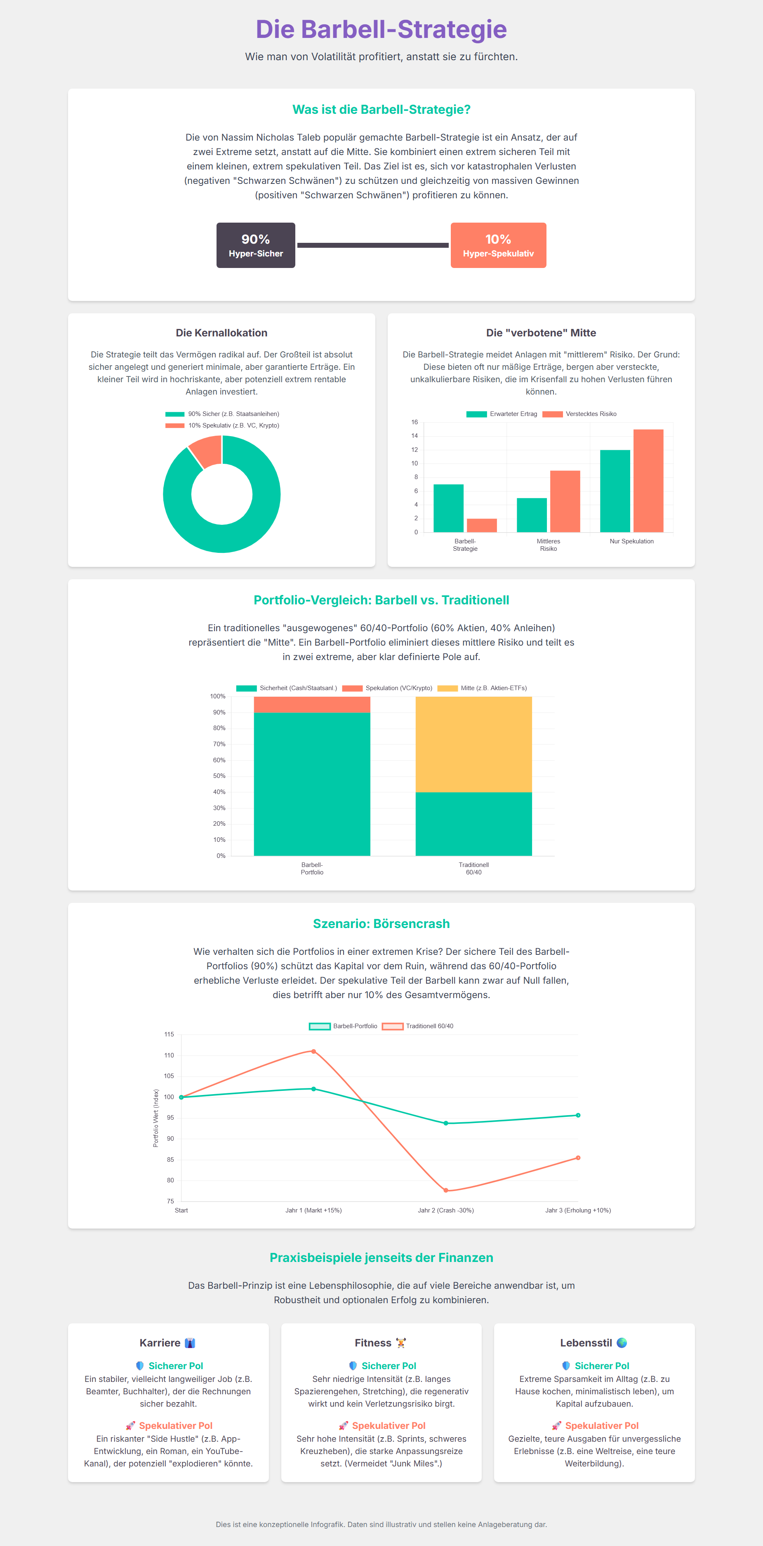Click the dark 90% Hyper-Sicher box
[256, 245]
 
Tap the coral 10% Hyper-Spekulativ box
[498, 245]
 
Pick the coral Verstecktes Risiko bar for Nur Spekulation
[648, 480]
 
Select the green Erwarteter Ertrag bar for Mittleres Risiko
[532, 515]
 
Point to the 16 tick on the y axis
[414, 422]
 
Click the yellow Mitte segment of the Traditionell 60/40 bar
[473, 744]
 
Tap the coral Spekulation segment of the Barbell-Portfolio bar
[312, 705]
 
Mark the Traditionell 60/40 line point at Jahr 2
[445, 1190]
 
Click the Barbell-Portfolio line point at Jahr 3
[578, 1115]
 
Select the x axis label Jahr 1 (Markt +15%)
[313, 1210]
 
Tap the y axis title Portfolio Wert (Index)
[156, 1118]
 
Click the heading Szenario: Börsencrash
[381, 923]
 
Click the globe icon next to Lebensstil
[622, 1343]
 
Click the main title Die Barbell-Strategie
[381, 29]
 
